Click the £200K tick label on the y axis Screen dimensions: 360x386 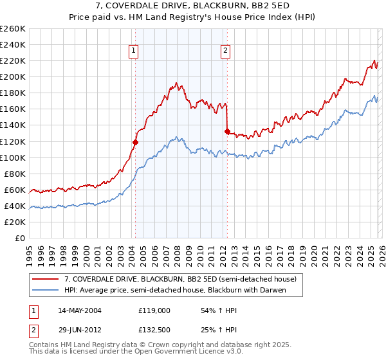(13, 76)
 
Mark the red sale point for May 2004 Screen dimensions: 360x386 (135, 142)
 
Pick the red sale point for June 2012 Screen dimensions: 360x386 (227, 131)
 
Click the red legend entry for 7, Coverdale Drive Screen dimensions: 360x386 (180, 280)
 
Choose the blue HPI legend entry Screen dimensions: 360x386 (174, 291)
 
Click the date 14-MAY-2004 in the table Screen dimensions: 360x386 (80, 310)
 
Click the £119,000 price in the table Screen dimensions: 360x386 (154, 310)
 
